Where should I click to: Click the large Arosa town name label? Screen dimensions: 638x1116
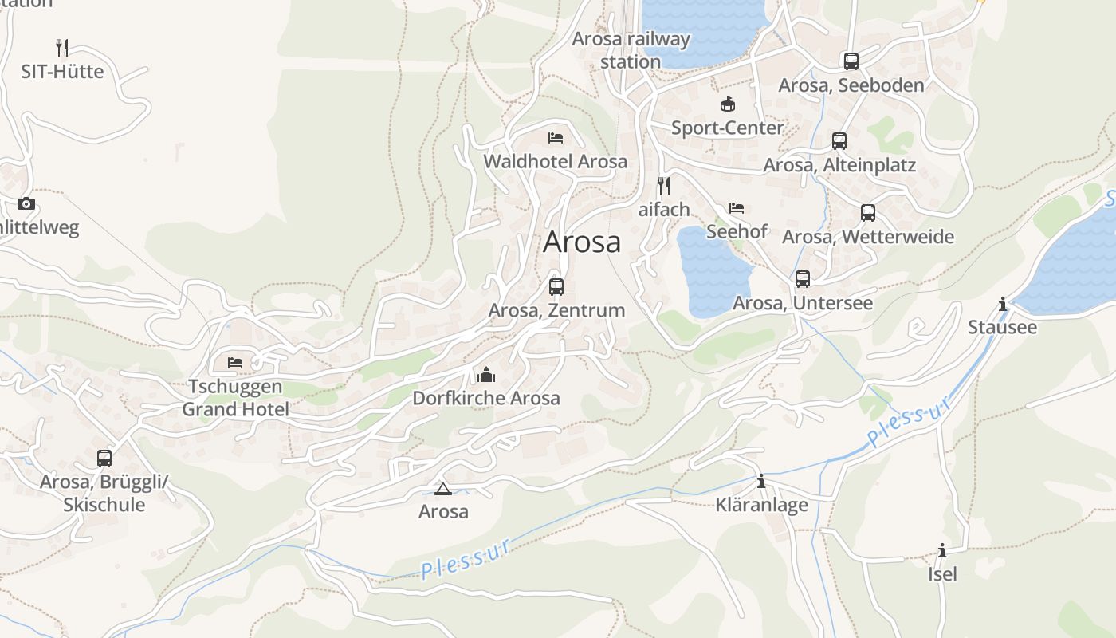tap(582, 242)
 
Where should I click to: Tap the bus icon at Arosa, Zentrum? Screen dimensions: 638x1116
tap(556, 287)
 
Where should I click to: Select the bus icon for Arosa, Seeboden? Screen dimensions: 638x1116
tap(851, 61)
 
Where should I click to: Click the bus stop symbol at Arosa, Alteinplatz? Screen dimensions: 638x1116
tap(839, 141)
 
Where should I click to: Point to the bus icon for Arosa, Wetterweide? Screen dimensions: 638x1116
tap(868, 213)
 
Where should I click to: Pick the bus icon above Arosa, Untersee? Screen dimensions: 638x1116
tap(803, 279)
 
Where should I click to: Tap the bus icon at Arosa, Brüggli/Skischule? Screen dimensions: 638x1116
tap(104, 459)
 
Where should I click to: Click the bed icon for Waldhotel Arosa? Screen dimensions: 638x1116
tap(556, 138)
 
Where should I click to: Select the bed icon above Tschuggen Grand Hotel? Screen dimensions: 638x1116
tap(235, 363)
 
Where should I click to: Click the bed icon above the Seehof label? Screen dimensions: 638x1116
tap(737, 208)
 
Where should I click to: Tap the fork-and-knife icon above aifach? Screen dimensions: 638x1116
tap(663, 186)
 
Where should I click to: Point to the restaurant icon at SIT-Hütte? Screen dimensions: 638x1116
tap(62, 48)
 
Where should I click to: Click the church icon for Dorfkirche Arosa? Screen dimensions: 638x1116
tap(486, 374)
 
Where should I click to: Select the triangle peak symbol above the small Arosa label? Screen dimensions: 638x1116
tap(443, 489)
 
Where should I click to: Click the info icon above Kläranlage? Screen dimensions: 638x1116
tap(761, 481)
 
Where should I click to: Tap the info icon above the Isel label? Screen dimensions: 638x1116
tap(942, 550)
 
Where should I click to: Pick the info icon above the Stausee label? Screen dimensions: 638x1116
tap(1002, 304)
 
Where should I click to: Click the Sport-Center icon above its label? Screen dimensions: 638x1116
tap(727, 104)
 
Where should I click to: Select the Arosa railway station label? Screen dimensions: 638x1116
tap(631, 50)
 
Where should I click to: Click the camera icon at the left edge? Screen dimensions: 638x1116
tap(26, 203)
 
